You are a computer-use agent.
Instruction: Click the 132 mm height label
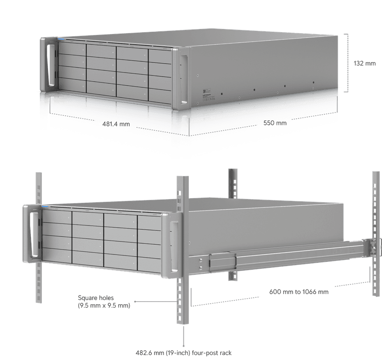point(364,63)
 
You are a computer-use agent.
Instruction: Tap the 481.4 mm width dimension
point(116,124)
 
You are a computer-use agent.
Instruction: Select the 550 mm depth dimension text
point(275,123)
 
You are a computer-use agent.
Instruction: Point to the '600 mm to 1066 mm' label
point(298,292)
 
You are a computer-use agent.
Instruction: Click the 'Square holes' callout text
point(96,298)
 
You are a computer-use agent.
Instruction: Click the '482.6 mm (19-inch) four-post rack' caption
point(184,353)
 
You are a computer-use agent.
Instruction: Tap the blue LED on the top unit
point(61,39)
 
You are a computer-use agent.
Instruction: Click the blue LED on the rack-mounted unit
point(45,207)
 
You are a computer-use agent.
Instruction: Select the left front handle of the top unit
point(51,65)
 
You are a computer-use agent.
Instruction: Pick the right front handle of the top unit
point(184,80)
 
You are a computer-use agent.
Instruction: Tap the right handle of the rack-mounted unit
point(174,246)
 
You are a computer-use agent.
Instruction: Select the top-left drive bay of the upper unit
point(72,49)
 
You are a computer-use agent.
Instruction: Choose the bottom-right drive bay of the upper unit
point(160,96)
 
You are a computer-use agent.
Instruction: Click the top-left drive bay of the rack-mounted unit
point(57,216)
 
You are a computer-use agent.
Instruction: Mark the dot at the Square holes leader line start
point(135,301)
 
